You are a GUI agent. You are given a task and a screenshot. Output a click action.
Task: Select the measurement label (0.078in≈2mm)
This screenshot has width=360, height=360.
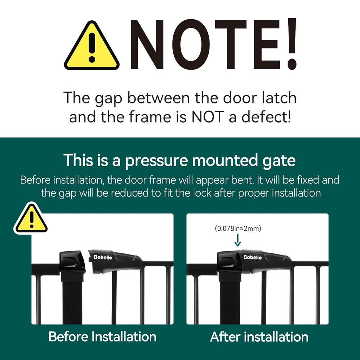(x=238, y=229)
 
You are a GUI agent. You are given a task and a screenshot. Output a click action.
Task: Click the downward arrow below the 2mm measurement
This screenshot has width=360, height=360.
(x=238, y=241)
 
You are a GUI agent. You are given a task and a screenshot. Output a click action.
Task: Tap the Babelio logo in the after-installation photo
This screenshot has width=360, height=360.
(x=252, y=257)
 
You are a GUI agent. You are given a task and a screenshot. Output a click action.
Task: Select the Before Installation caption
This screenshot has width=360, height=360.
(x=102, y=336)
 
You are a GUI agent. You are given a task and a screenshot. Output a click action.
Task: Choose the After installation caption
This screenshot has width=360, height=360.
(x=259, y=337)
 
